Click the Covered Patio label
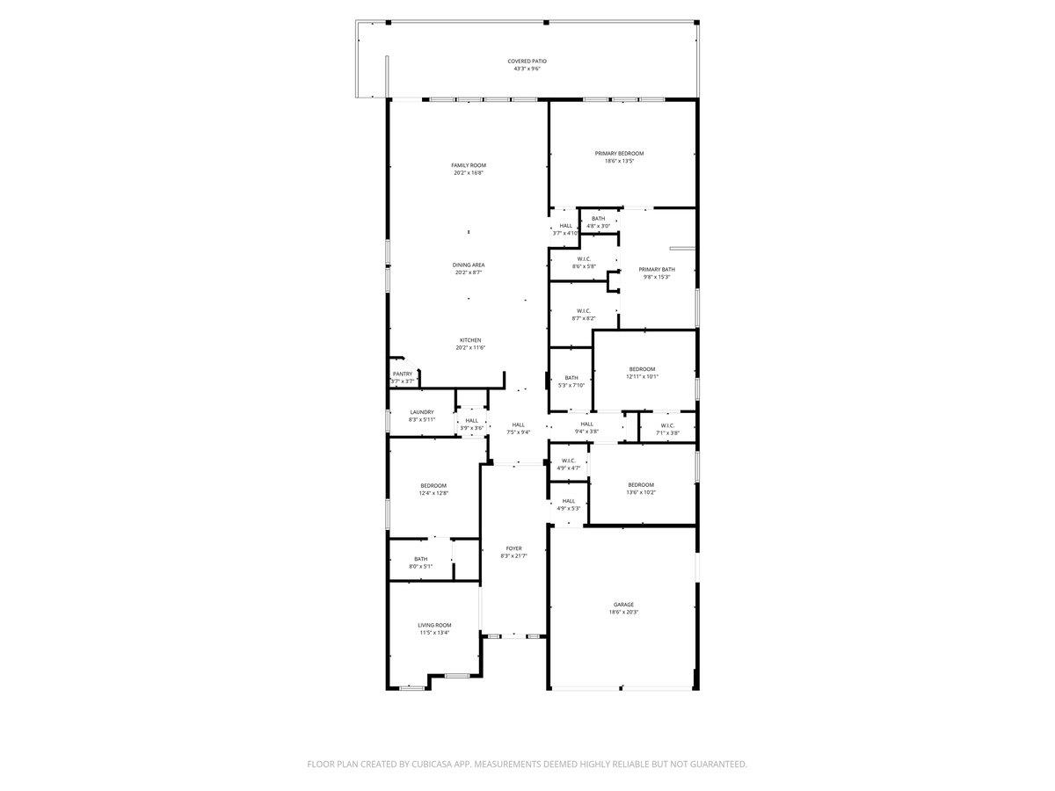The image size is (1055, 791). (x=527, y=62)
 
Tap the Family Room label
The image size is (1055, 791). (x=469, y=165)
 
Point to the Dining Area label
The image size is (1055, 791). (x=469, y=265)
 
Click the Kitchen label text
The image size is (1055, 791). (x=470, y=340)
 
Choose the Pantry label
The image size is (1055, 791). (x=402, y=374)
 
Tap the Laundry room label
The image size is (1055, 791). (x=421, y=412)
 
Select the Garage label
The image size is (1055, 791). (x=623, y=605)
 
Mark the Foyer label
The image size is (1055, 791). (x=513, y=548)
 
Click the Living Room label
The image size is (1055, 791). (x=434, y=625)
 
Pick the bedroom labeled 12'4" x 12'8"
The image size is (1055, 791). (x=433, y=490)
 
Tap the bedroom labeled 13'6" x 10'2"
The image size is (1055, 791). (x=641, y=489)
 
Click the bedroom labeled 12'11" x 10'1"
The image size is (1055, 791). (x=642, y=373)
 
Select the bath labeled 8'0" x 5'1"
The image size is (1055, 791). (x=421, y=562)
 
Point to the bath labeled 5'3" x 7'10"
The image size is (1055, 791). (x=571, y=381)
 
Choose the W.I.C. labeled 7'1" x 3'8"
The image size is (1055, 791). (x=666, y=428)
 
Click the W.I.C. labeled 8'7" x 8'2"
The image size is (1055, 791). (x=584, y=315)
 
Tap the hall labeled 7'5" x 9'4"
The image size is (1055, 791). (x=518, y=428)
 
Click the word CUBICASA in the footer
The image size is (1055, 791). (x=434, y=765)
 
